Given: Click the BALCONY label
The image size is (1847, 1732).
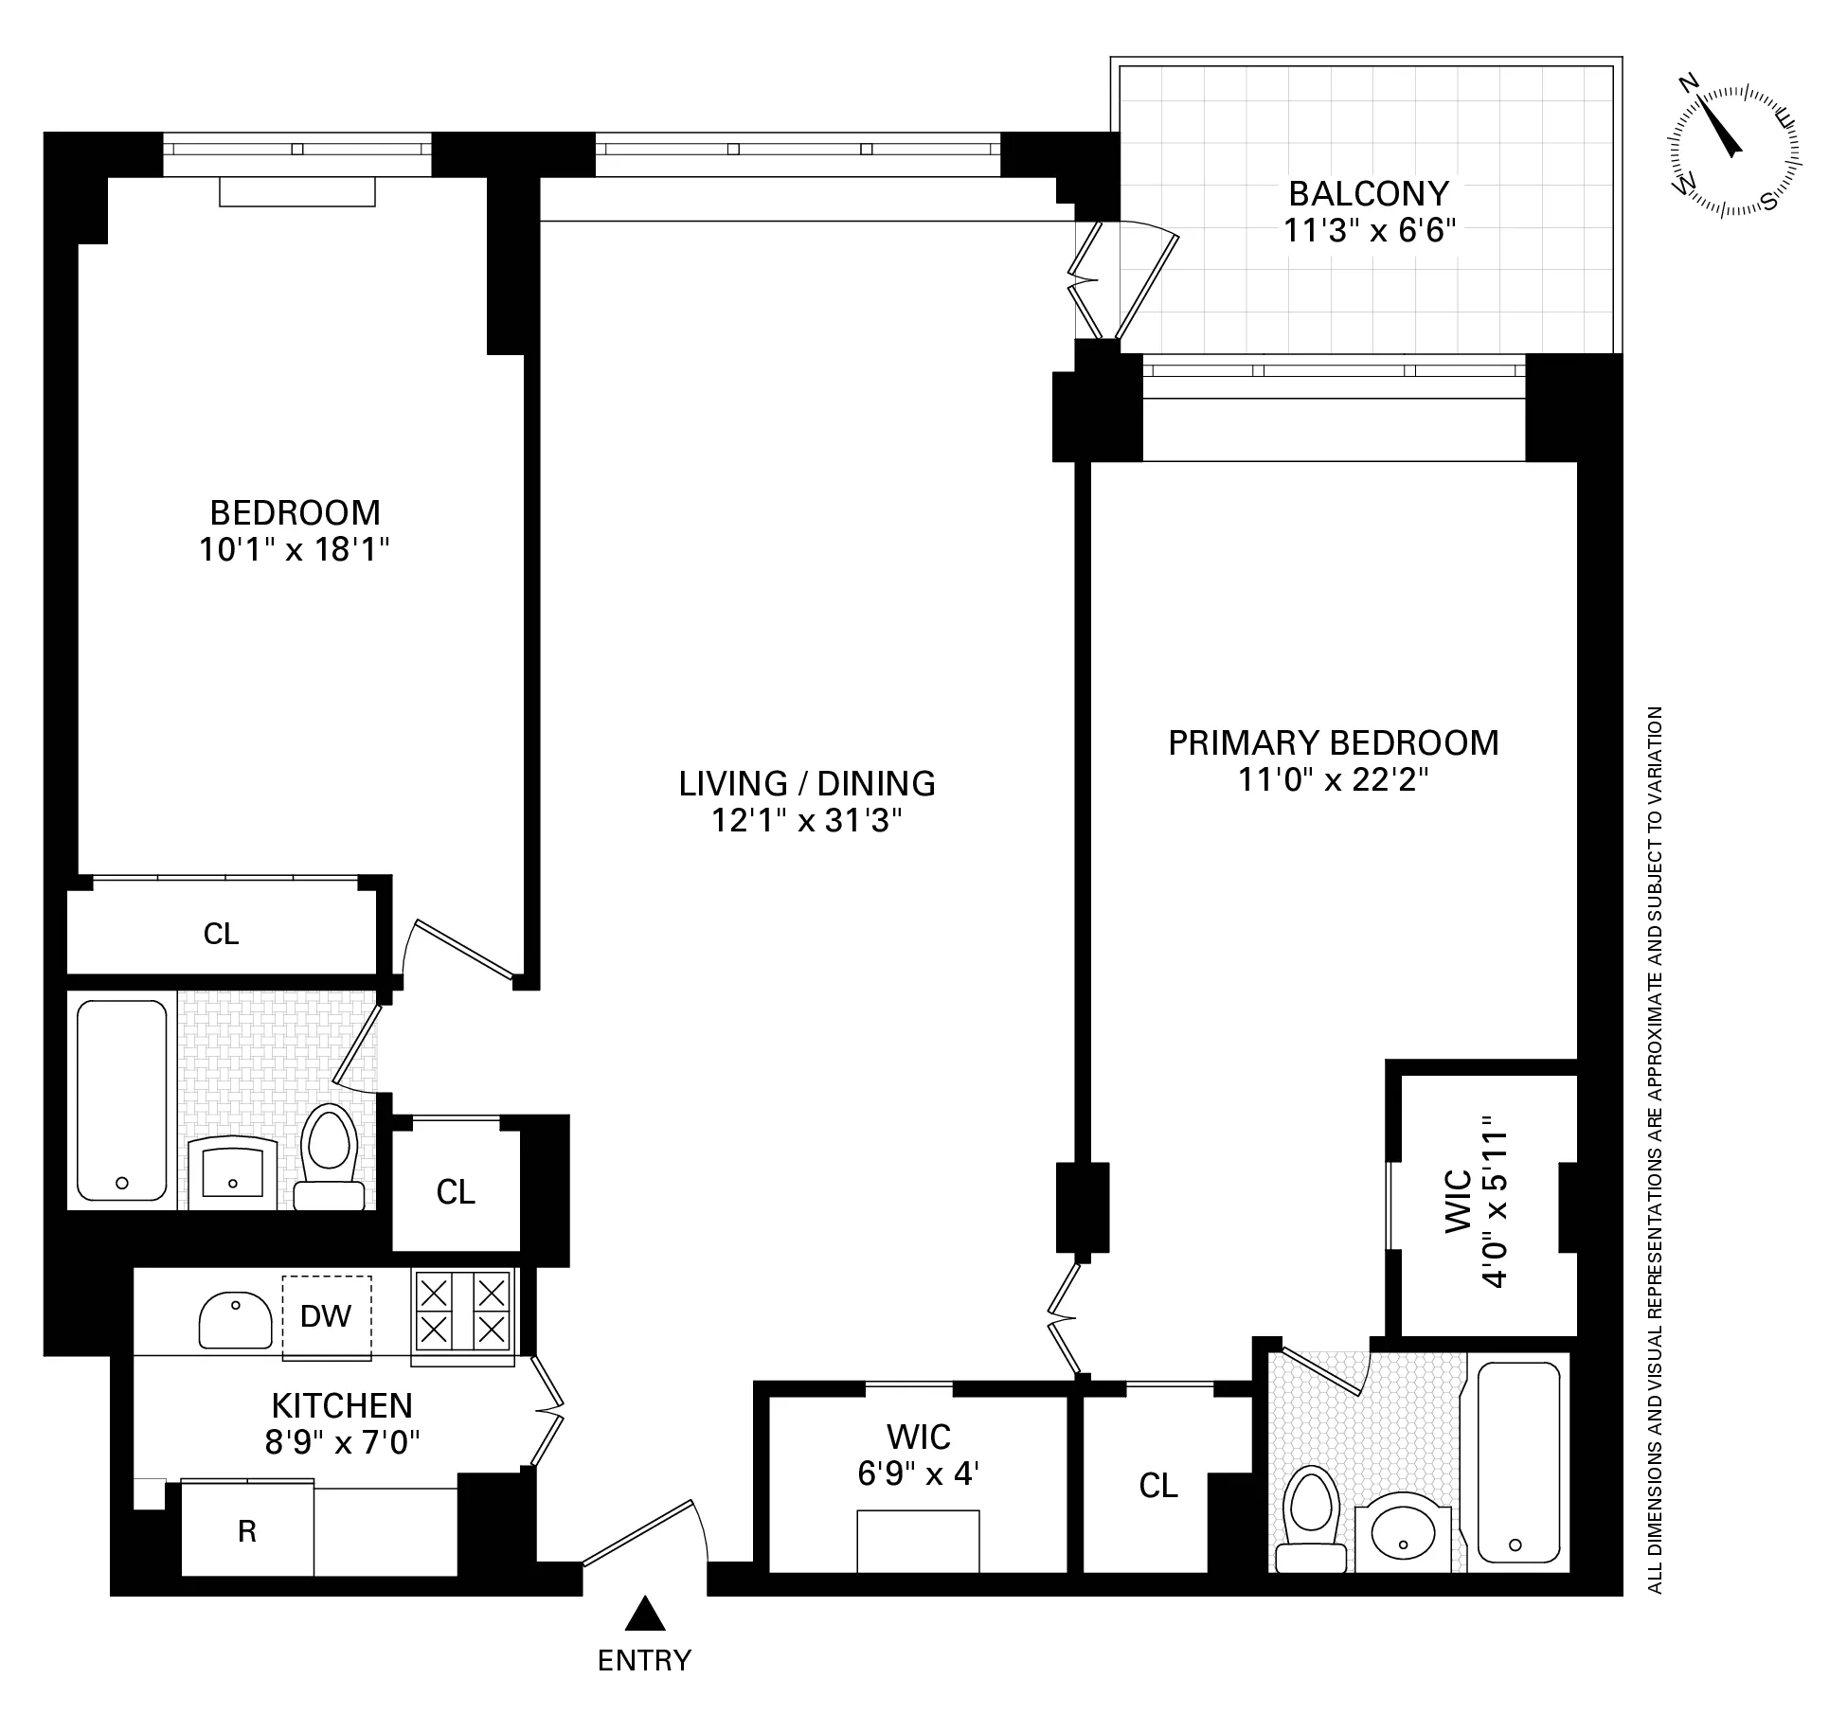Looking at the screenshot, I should [1369, 194].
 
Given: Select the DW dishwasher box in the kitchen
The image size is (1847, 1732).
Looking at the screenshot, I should [326, 1315].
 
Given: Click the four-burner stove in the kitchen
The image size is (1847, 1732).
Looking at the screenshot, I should [462, 1311].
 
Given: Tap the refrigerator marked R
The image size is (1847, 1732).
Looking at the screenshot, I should [247, 1530].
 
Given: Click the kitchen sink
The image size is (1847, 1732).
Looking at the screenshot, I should [234, 1319].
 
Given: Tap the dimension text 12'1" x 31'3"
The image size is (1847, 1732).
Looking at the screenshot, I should [806, 820].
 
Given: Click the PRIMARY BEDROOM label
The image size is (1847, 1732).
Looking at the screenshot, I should [1333, 743].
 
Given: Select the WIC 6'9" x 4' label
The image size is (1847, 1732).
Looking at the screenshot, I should [918, 1455].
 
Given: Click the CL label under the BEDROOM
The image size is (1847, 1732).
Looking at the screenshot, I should [221, 934].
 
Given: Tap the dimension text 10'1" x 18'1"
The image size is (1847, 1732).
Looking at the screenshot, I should [295, 549].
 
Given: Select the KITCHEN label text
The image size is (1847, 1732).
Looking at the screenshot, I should [342, 1405].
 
